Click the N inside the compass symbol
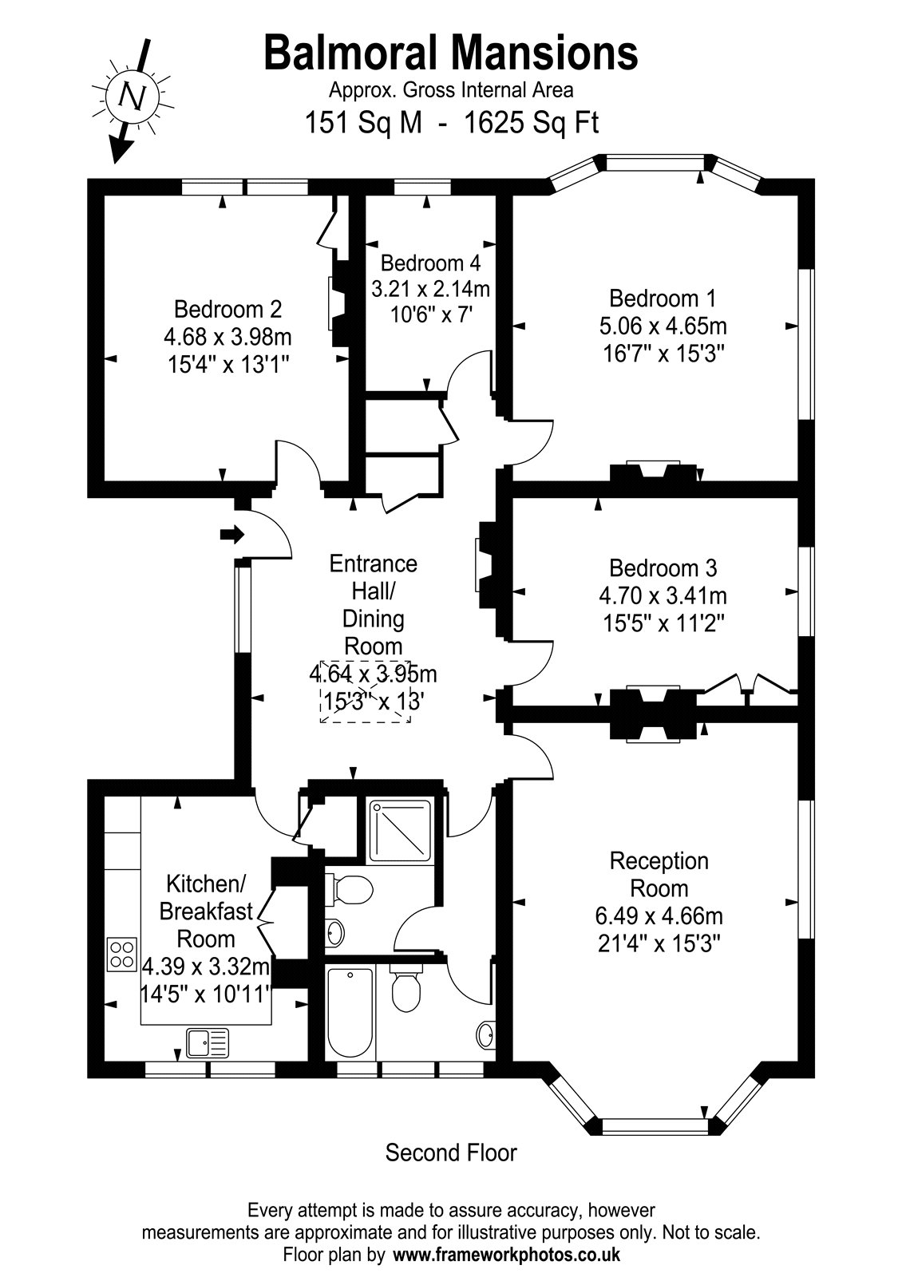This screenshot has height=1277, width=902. coord(132,97)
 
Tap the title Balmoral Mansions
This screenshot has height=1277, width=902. coord(451,53)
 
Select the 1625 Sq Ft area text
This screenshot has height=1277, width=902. coord(532,123)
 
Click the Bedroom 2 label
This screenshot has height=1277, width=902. coord(228,309)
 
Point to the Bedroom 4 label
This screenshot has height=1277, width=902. coord(430,263)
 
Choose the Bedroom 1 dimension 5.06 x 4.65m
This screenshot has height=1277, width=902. coord(663,326)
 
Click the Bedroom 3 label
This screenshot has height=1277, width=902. coord(663,567)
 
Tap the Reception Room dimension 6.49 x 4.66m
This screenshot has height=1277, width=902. coord(659,915)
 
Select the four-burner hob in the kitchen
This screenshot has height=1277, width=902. coord(122,955)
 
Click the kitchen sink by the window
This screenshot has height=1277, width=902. coord(208,1042)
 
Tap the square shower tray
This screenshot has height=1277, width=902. coord(400,831)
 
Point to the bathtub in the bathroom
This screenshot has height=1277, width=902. coord(350,1012)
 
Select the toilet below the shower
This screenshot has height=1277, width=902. coord(349,889)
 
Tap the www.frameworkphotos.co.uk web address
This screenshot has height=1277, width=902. coord(507,1254)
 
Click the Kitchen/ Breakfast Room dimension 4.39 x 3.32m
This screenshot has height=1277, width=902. coord(206,967)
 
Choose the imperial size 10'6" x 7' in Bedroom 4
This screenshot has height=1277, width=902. coord(431,314)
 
